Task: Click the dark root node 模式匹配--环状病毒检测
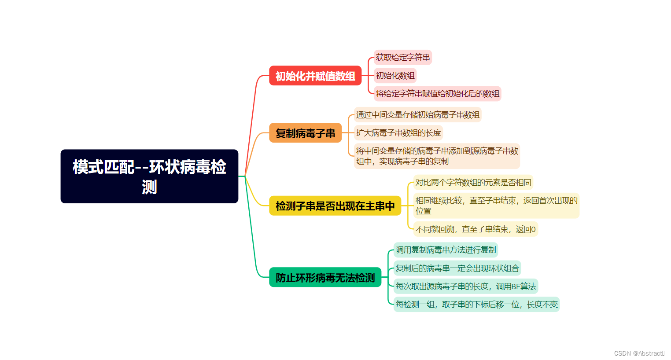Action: (x=149, y=176)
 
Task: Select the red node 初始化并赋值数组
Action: (x=315, y=76)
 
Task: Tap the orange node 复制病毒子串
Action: (x=305, y=133)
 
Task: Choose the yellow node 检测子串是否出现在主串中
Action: (x=335, y=206)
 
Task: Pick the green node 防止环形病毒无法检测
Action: (x=325, y=277)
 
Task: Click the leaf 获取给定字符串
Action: (x=402, y=58)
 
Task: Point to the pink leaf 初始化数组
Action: (x=395, y=76)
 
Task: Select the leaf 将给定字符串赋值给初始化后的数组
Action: (x=437, y=94)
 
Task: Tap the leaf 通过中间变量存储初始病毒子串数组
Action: (x=417, y=115)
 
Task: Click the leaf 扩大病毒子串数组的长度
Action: (x=398, y=133)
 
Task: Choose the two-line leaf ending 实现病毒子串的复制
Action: (x=437, y=156)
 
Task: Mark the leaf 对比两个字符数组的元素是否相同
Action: (x=473, y=183)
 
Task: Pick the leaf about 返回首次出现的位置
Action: (x=496, y=206)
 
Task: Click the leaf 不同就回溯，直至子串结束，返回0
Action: (x=475, y=229)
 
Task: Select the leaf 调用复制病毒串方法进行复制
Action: (x=446, y=250)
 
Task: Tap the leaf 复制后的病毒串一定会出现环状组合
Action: (x=457, y=268)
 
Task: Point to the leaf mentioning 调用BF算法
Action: (x=465, y=287)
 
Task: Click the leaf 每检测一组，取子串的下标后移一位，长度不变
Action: (x=476, y=305)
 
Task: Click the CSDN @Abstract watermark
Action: (x=638, y=353)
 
